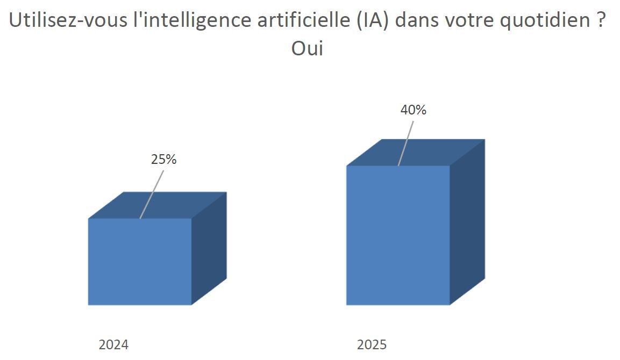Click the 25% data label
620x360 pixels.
click(x=164, y=160)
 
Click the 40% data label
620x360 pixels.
click(x=414, y=110)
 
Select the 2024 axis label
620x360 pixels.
click(x=113, y=344)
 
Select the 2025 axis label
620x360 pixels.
click(x=372, y=344)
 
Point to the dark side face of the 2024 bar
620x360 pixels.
click(x=209, y=247)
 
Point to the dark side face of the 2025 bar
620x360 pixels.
click(x=467, y=220)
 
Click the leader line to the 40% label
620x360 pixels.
click(x=406, y=143)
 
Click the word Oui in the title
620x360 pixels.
click(x=307, y=48)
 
